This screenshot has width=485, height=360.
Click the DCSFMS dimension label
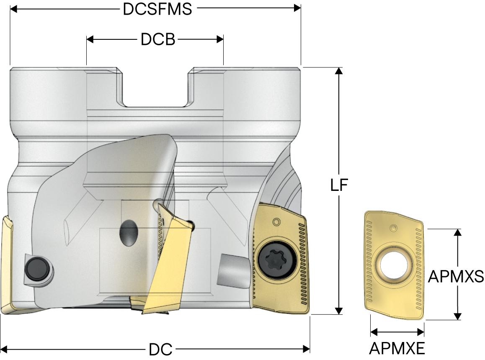[157, 9]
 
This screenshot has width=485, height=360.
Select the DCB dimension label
[157, 39]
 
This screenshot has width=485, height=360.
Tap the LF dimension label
[339, 185]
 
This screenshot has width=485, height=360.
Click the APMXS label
[456, 276]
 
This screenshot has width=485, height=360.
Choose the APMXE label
[397, 348]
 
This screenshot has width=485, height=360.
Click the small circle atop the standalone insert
[393, 228]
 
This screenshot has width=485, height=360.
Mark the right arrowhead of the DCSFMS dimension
[298, 8]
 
